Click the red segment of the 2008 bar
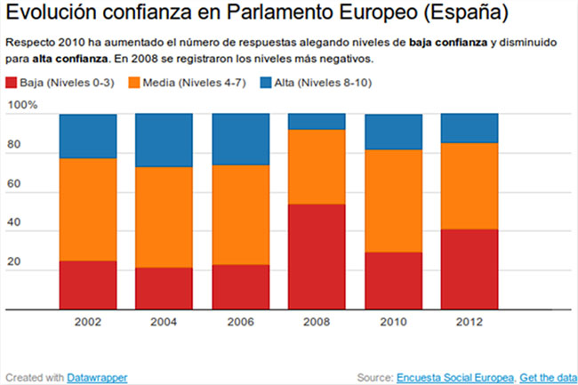point(317,257)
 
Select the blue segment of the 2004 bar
point(164,140)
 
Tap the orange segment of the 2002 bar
point(88,209)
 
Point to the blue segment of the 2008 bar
point(317,122)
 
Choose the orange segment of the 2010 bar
point(394,201)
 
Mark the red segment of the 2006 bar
point(241,287)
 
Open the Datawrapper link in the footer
point(97,377)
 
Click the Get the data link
point(547,377)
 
